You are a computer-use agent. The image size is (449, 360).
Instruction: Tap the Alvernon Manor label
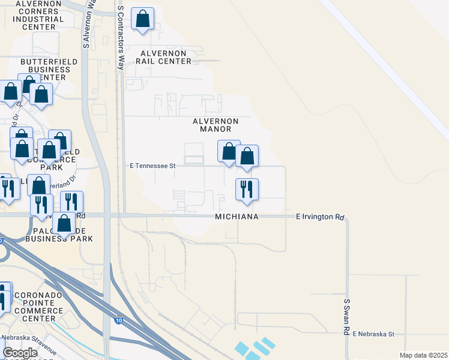pyautogui.click(x=215, y=125)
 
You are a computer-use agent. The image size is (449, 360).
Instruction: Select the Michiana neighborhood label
pyautogui.click(x=237, y=217)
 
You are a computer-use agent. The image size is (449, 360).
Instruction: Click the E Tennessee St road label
pyautogui.click(x=152, y=166)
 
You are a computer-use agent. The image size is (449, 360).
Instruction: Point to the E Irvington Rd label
pyautogui.click(x=321, y=217)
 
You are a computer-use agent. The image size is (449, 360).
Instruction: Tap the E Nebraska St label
pyautogui.click(x=373, y=334)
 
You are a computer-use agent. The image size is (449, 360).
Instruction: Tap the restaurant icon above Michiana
pyautogui.click(x=247, y=189)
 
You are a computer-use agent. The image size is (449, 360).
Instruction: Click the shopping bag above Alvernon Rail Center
pyautogui.click(x=143, y=19)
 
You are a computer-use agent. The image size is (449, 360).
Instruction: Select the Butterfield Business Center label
pyautogui.click(x=46, y=69)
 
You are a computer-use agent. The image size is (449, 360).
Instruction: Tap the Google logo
pyautogui.click(x=20, y=353)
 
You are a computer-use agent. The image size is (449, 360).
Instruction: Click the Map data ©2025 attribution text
pyautogui.click(x=423, y=355)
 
